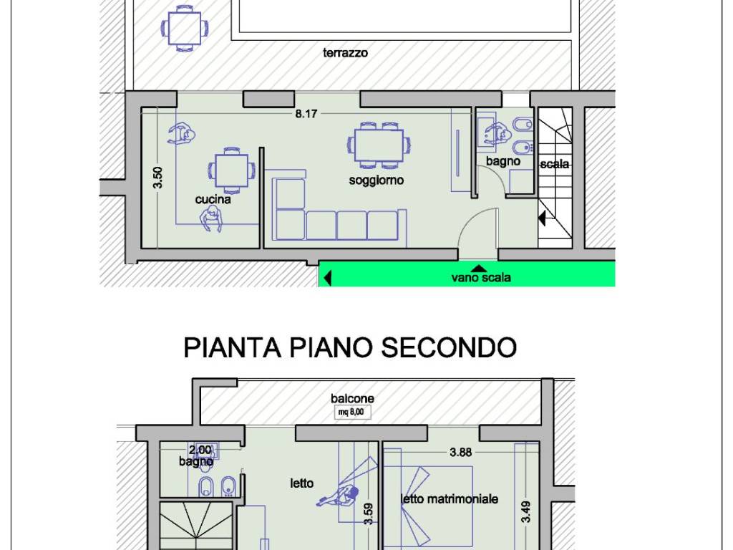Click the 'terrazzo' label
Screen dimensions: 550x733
coord(345,52)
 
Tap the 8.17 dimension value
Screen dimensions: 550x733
coord(306,113)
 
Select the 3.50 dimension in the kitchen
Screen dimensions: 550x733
coord(158,178)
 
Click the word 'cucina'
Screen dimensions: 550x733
coord(213,200)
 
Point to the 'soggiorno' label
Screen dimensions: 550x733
coord(376,180)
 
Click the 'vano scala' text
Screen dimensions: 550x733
coord(481,278)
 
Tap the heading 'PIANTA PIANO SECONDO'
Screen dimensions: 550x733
coord(350,347)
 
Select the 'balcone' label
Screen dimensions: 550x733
coord(352,398)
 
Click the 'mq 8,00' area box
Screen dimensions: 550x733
coord(353,412)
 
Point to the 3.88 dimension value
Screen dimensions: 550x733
coord(461,452)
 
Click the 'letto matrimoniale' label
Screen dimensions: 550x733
coord(450,499)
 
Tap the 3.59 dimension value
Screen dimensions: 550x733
coord(369,514)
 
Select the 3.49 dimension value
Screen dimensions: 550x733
coord(526,511)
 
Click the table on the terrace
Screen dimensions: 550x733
coord(185,29)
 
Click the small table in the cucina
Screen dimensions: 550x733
coord(232,170)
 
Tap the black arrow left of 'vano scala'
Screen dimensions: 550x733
coord(327,277)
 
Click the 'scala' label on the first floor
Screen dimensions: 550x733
coord(555,165)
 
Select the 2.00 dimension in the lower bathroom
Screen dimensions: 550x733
coord(200,450)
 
